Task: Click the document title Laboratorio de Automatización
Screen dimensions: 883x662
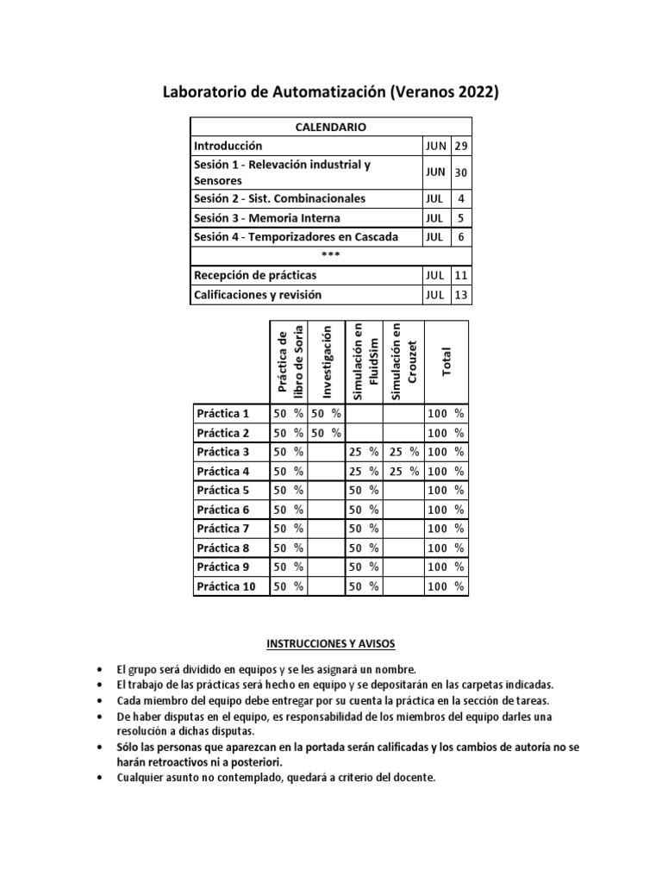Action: pos(331,93)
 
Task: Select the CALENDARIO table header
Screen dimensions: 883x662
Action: pos(331,127)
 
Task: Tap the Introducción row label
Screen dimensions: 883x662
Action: pos(228,146)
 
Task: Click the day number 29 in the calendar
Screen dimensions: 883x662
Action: pos(461,146)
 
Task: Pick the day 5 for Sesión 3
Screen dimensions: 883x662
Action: pos(461,218)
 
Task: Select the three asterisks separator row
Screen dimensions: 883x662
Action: pos(331,256)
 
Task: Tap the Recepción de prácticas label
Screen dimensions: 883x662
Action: pos(255,275)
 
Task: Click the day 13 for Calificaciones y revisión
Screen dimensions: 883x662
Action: pos(461,295)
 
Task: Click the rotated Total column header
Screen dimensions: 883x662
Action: pos(447,362)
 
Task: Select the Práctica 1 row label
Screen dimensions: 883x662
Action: pos(222,413)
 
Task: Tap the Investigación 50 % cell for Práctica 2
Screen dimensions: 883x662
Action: pos(326,433)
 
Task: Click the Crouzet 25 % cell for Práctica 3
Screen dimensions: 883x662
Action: pos(403,452)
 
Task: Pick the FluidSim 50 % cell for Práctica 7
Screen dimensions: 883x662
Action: pos(364,529)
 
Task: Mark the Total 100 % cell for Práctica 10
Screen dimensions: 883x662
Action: pos(447,586)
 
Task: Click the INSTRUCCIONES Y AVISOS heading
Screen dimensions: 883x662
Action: pos(331,644)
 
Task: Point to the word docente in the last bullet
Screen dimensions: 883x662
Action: pos(415,778)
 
